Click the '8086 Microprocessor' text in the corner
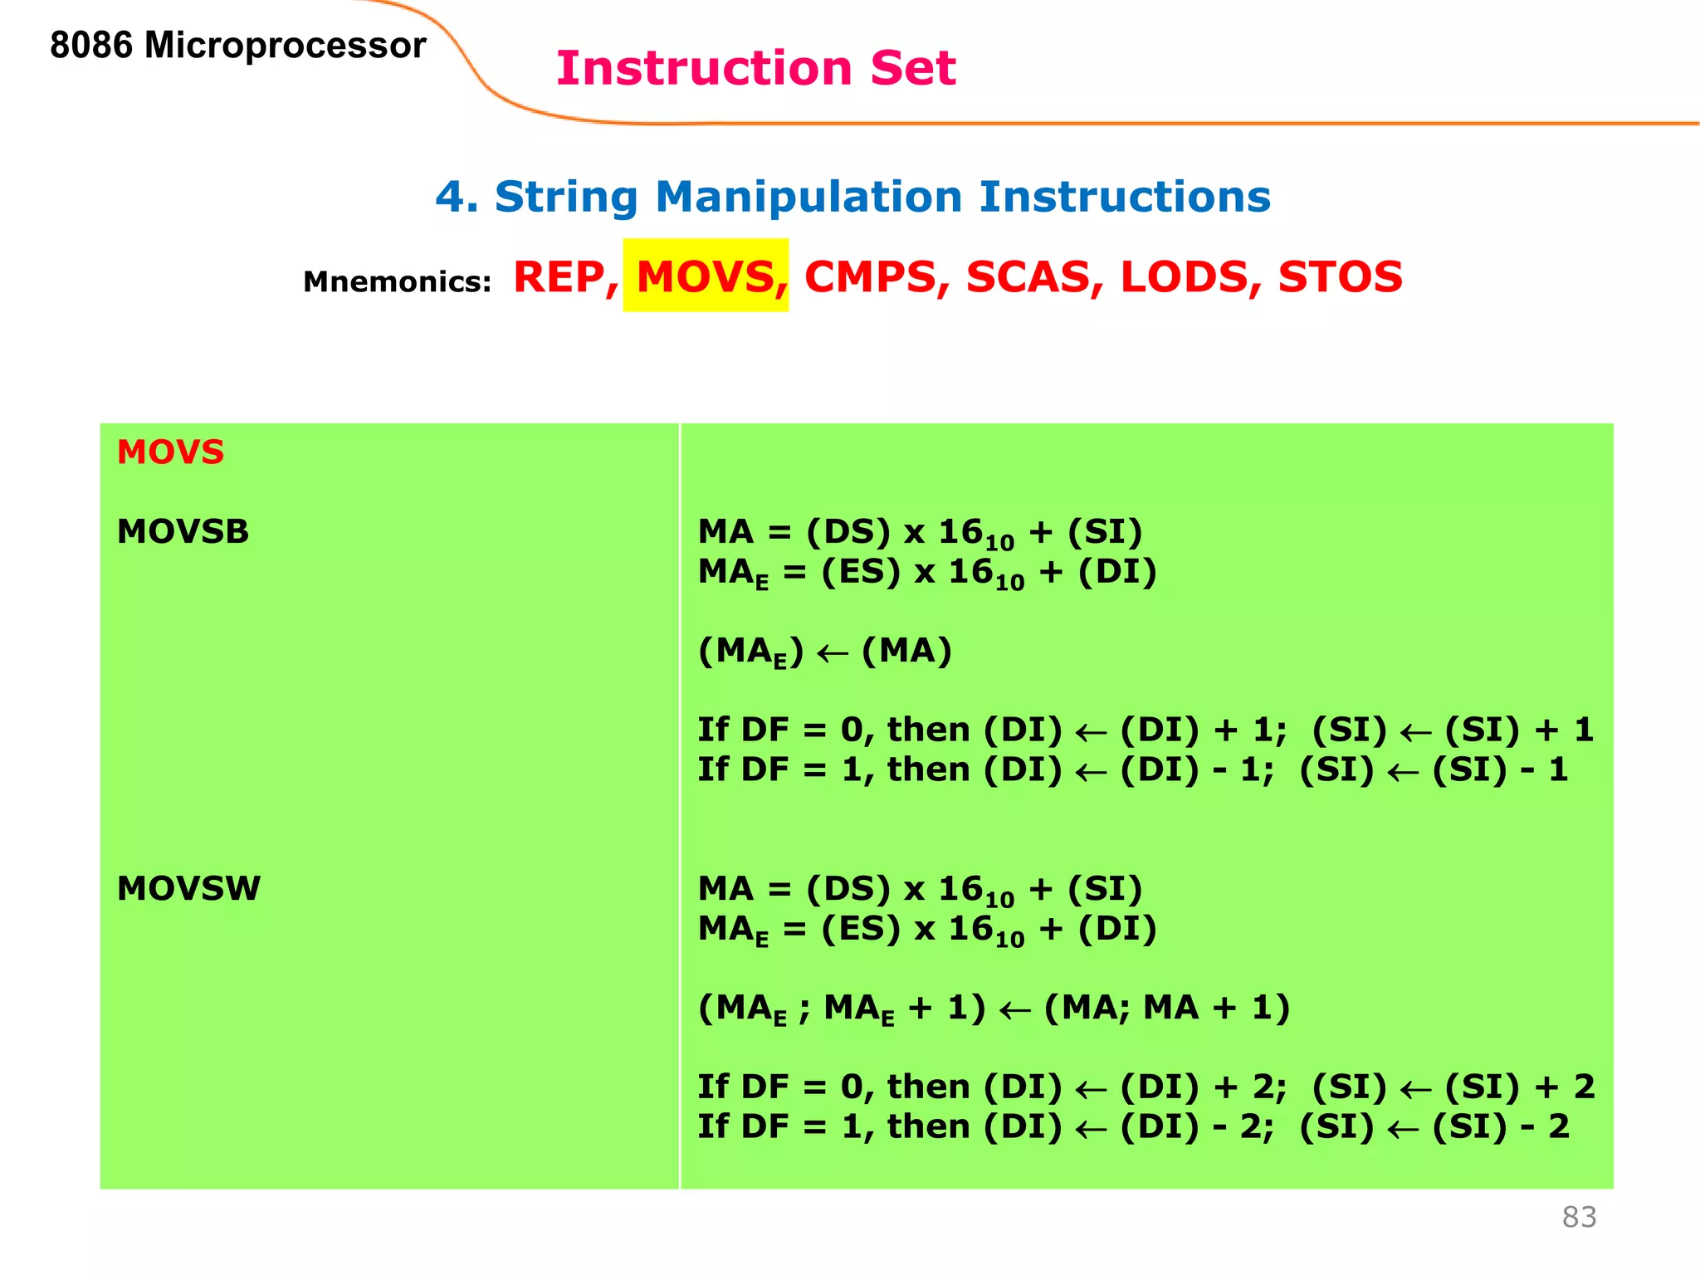point(237,46)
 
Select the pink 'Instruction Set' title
point(755,68)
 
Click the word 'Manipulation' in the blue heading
point(808,198)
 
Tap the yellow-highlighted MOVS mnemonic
point(706,276)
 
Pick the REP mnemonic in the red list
point(564,277)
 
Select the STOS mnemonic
point(1340,277)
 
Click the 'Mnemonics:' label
point(397,282)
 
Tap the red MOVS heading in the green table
point(170,452)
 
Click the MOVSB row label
point(183,532)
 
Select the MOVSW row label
point(188,889)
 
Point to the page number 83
point(1579,1217)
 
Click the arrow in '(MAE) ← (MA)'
point(833,653)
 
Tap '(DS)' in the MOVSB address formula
point(848,532)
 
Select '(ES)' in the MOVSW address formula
point(860,929)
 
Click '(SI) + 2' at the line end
point(1519,1087)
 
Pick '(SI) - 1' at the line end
point(1500,769)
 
